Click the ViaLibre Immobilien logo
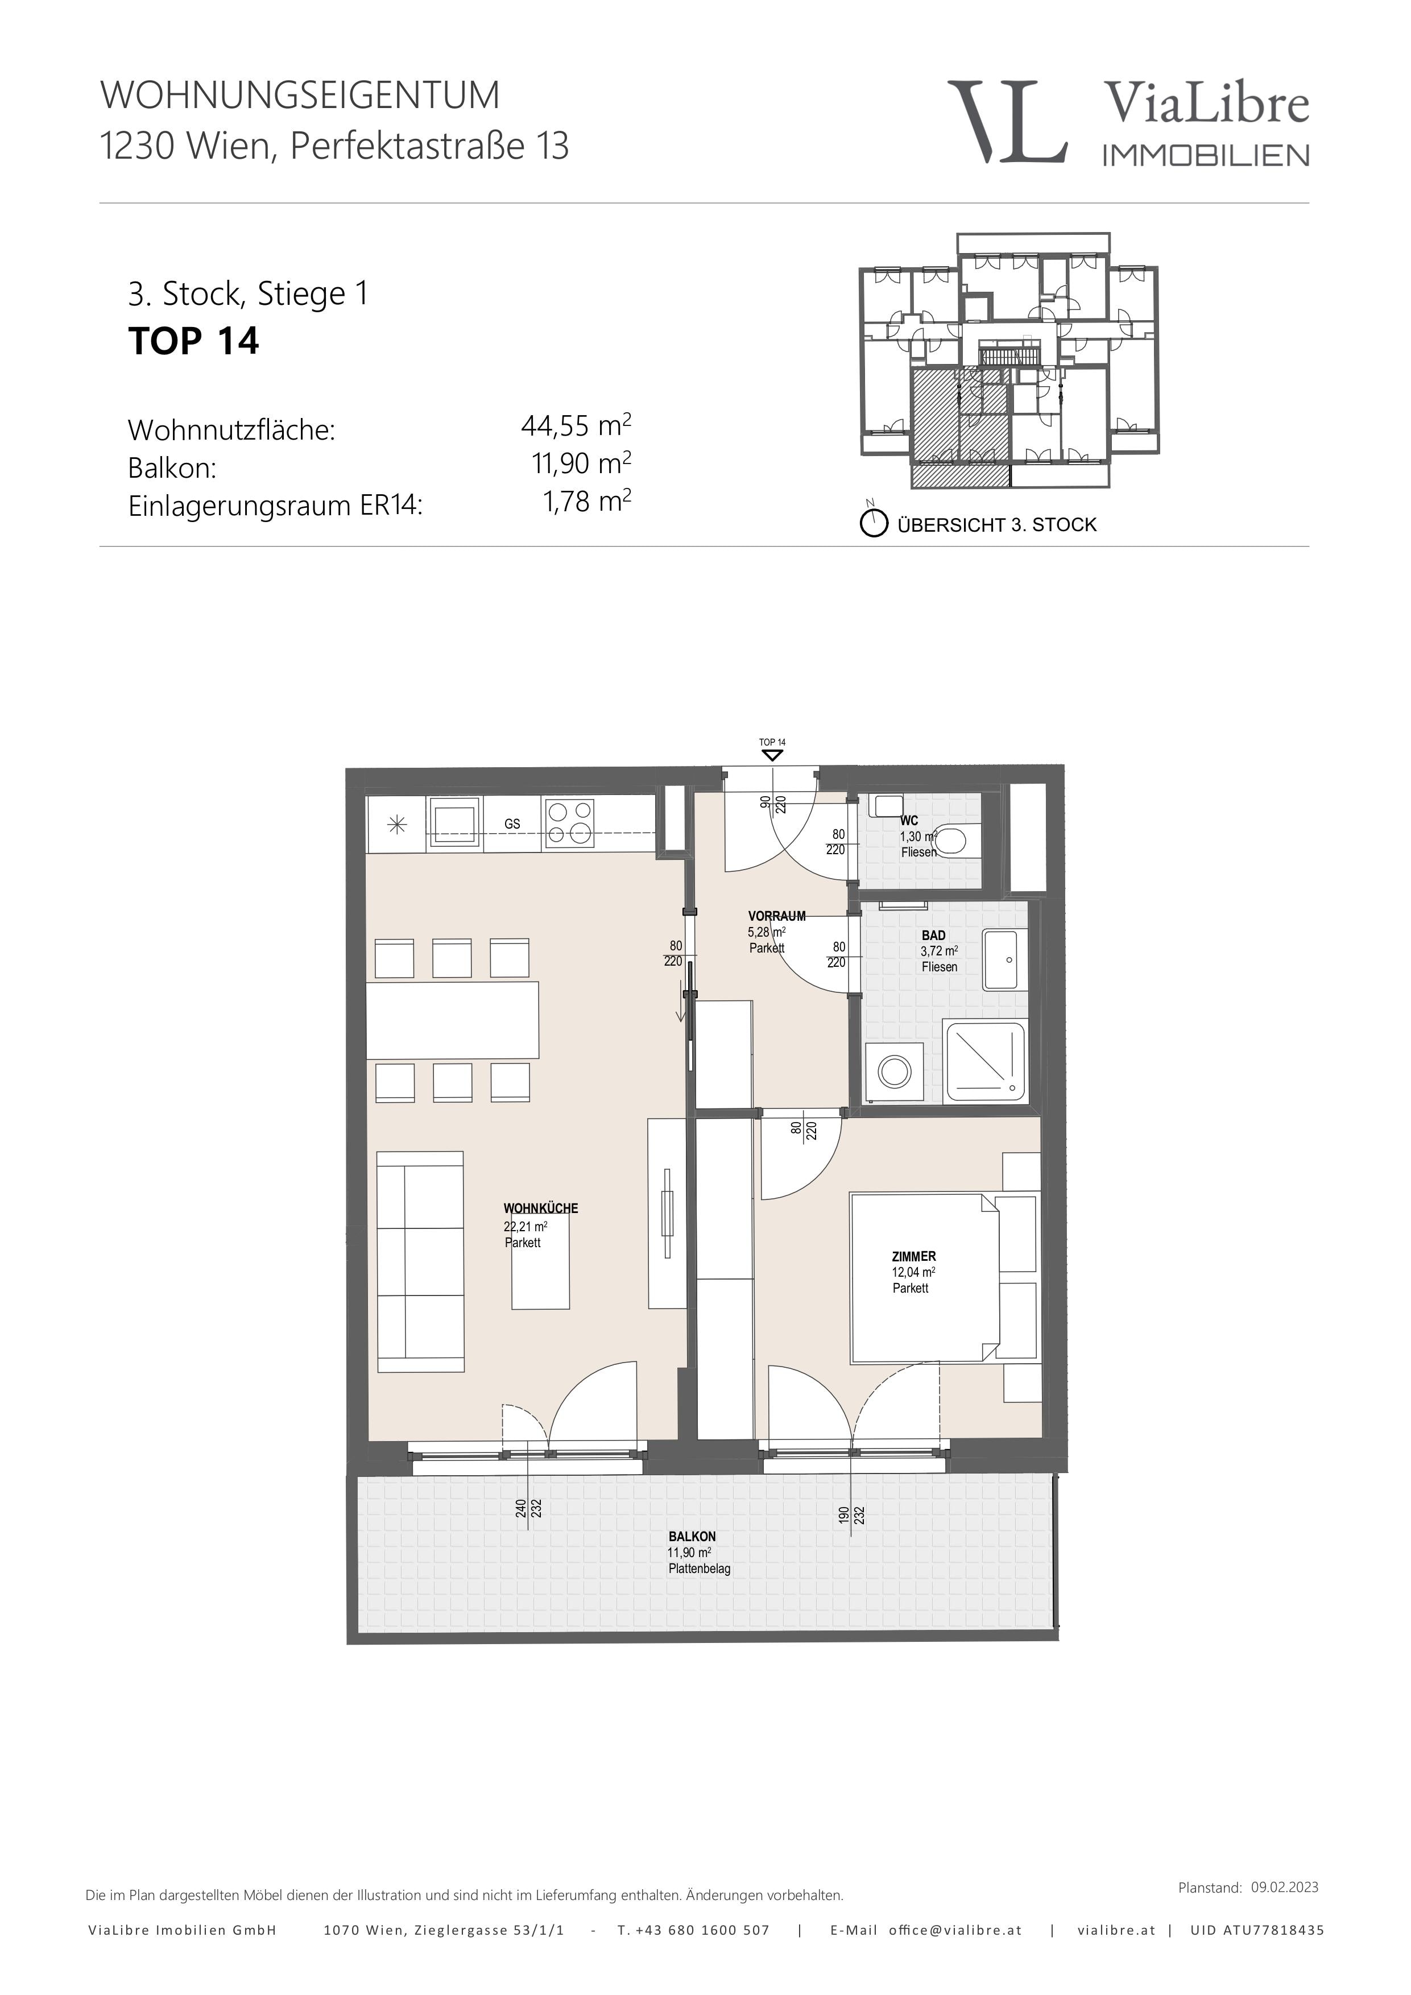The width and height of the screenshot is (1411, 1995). pos(1128,122)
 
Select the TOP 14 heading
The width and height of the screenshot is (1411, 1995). pos(194,341)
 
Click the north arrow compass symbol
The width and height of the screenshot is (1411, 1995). pos(873,521)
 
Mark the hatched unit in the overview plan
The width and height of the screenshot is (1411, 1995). pos(960,426)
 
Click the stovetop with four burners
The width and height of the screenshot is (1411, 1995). pos(569,823)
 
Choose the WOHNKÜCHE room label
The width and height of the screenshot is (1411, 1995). pos(540,1208)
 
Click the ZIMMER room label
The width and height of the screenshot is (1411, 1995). pos(914,1256)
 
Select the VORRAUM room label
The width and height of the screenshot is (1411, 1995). pos(777,916)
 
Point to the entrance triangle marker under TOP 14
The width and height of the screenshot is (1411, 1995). pos(772,755)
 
